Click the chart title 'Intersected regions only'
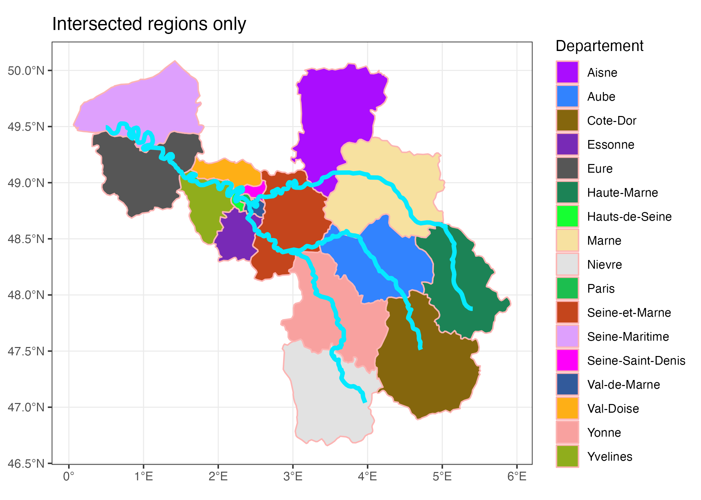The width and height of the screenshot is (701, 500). pyautogui.click(x=149, y=24)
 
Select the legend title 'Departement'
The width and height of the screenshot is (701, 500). pyautogui.click(x=599, y=46)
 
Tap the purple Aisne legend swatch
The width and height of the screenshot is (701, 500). pyautogui.click(x=567, y=72)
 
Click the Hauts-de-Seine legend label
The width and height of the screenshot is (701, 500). pyautogui.click(x=629, y=217)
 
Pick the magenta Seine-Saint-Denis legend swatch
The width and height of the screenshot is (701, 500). pyautogui.click(x=567, y=360)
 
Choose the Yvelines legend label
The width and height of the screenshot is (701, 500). pyautogui.click(x=610, y=457)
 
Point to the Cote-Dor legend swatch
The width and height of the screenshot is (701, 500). pyautogui.click(x=567, y=120)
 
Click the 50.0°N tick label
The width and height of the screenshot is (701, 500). pyautogui.click(x=26, y=71)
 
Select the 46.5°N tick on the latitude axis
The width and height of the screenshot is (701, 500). pyautogui.click(x=26, y=463)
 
